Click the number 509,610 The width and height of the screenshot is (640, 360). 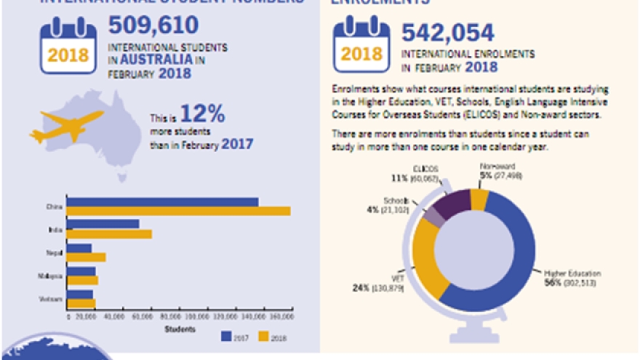(x=153, y=25)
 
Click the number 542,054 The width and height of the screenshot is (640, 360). (x=448, y=33)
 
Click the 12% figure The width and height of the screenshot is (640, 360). (x=202, y=113)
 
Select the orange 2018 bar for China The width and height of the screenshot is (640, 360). (x=178, y=211)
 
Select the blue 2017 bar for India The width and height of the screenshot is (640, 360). (x=103, y=224)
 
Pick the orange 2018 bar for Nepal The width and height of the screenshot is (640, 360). (x=86, y=257)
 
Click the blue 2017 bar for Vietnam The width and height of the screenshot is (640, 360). (x=79, y=294)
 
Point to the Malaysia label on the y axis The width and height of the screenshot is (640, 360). (x=52, y=276)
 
